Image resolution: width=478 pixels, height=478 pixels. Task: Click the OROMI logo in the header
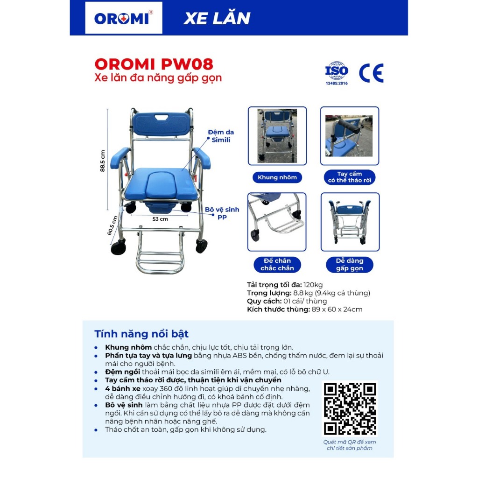click(x=123, y=18)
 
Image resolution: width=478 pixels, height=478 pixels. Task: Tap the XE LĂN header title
click(x=217, y=18)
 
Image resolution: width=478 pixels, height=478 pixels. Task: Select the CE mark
click(x=371, y=73)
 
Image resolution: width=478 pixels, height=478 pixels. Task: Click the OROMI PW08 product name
click(x=154, y=64)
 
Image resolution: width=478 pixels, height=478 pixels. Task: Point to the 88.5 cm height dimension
click(x=102, y=161)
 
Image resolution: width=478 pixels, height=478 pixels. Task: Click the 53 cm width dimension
click(x=160, y=219)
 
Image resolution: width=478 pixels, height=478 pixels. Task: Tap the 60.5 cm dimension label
click(x=112, y=225)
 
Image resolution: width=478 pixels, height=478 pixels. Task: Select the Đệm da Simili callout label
click(x=221, y=136)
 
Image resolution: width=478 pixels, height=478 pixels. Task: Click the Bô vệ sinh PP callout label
click(x=222, y=213)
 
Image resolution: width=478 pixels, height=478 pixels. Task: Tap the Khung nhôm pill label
click(x=277, y=177)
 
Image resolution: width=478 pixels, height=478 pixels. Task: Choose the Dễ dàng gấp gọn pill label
click(x=349, y=264)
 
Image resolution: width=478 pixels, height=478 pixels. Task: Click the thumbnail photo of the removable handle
click(x=349, y=136)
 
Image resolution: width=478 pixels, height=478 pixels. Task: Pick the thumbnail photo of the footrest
click(x=277, y=222)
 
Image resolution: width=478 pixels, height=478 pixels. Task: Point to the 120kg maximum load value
click(x=313, y=285)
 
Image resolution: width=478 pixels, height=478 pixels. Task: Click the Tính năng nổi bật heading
click(x=141, y=334)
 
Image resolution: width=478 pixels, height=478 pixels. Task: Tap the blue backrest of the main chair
click(x=161, y=124)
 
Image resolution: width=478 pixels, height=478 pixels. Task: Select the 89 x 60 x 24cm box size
click(x=337, y=309)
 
